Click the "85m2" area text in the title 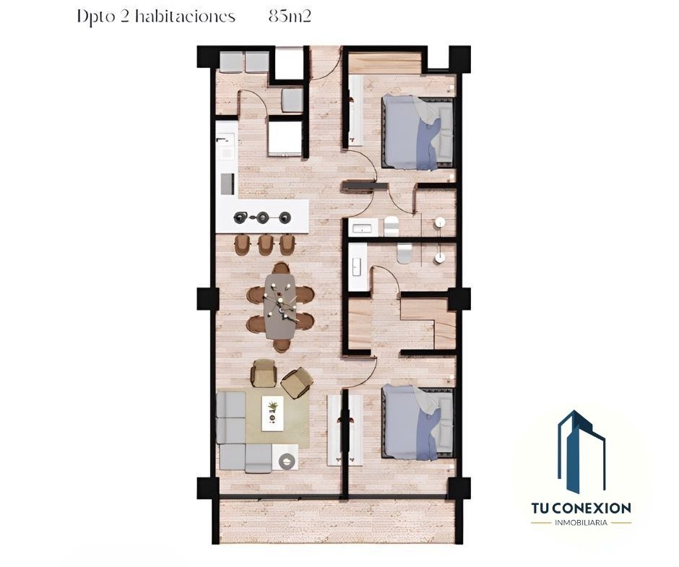click(290, 17)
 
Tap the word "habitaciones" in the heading click(185, 17)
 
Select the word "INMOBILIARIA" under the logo click(581, 523)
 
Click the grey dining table click(280, 306)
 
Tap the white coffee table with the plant click(273, 413)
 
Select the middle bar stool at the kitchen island click(264, 245)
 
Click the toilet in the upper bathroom click(391, 226)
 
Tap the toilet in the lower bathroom click(405, 254)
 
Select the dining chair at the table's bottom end click(282, 346)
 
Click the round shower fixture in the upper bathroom click(440, 222)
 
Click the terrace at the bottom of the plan click(337, 521)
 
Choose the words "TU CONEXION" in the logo click(581, 508)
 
